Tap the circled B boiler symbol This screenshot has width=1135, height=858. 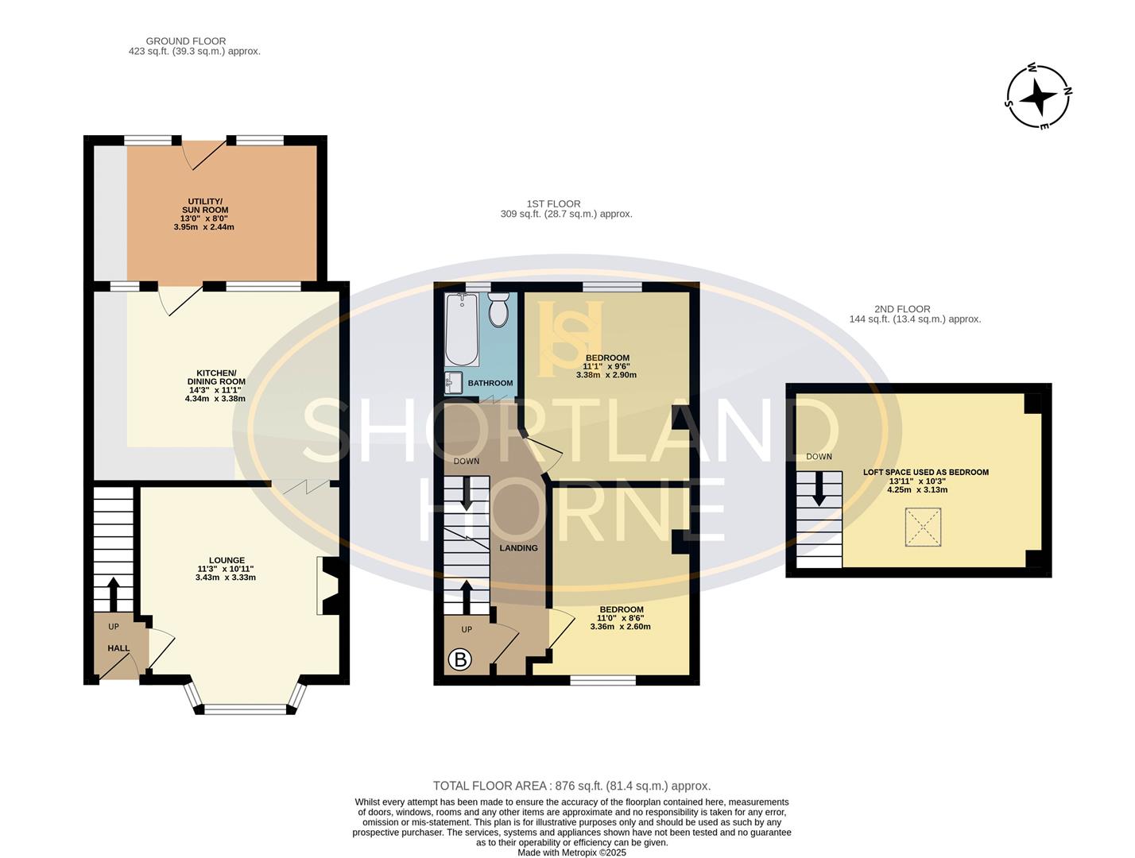point(459,660)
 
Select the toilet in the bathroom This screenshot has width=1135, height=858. point(498,310)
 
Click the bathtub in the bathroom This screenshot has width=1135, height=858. point(462,330)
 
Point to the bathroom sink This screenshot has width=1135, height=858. point(454,383)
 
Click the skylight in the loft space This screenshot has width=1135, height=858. point(923,527)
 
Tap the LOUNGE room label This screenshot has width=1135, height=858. point(227,560)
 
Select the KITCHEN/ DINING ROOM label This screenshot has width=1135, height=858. point(216,377)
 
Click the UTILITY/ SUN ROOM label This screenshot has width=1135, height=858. point(205,206)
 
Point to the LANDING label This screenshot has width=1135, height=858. point(518,548)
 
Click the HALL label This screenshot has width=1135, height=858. point(118,648)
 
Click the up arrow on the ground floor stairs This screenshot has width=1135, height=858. point(113,594)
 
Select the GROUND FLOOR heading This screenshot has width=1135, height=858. point(186,41)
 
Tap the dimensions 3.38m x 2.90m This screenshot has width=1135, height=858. point(606,375)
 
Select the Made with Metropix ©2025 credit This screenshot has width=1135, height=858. point(572,852)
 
